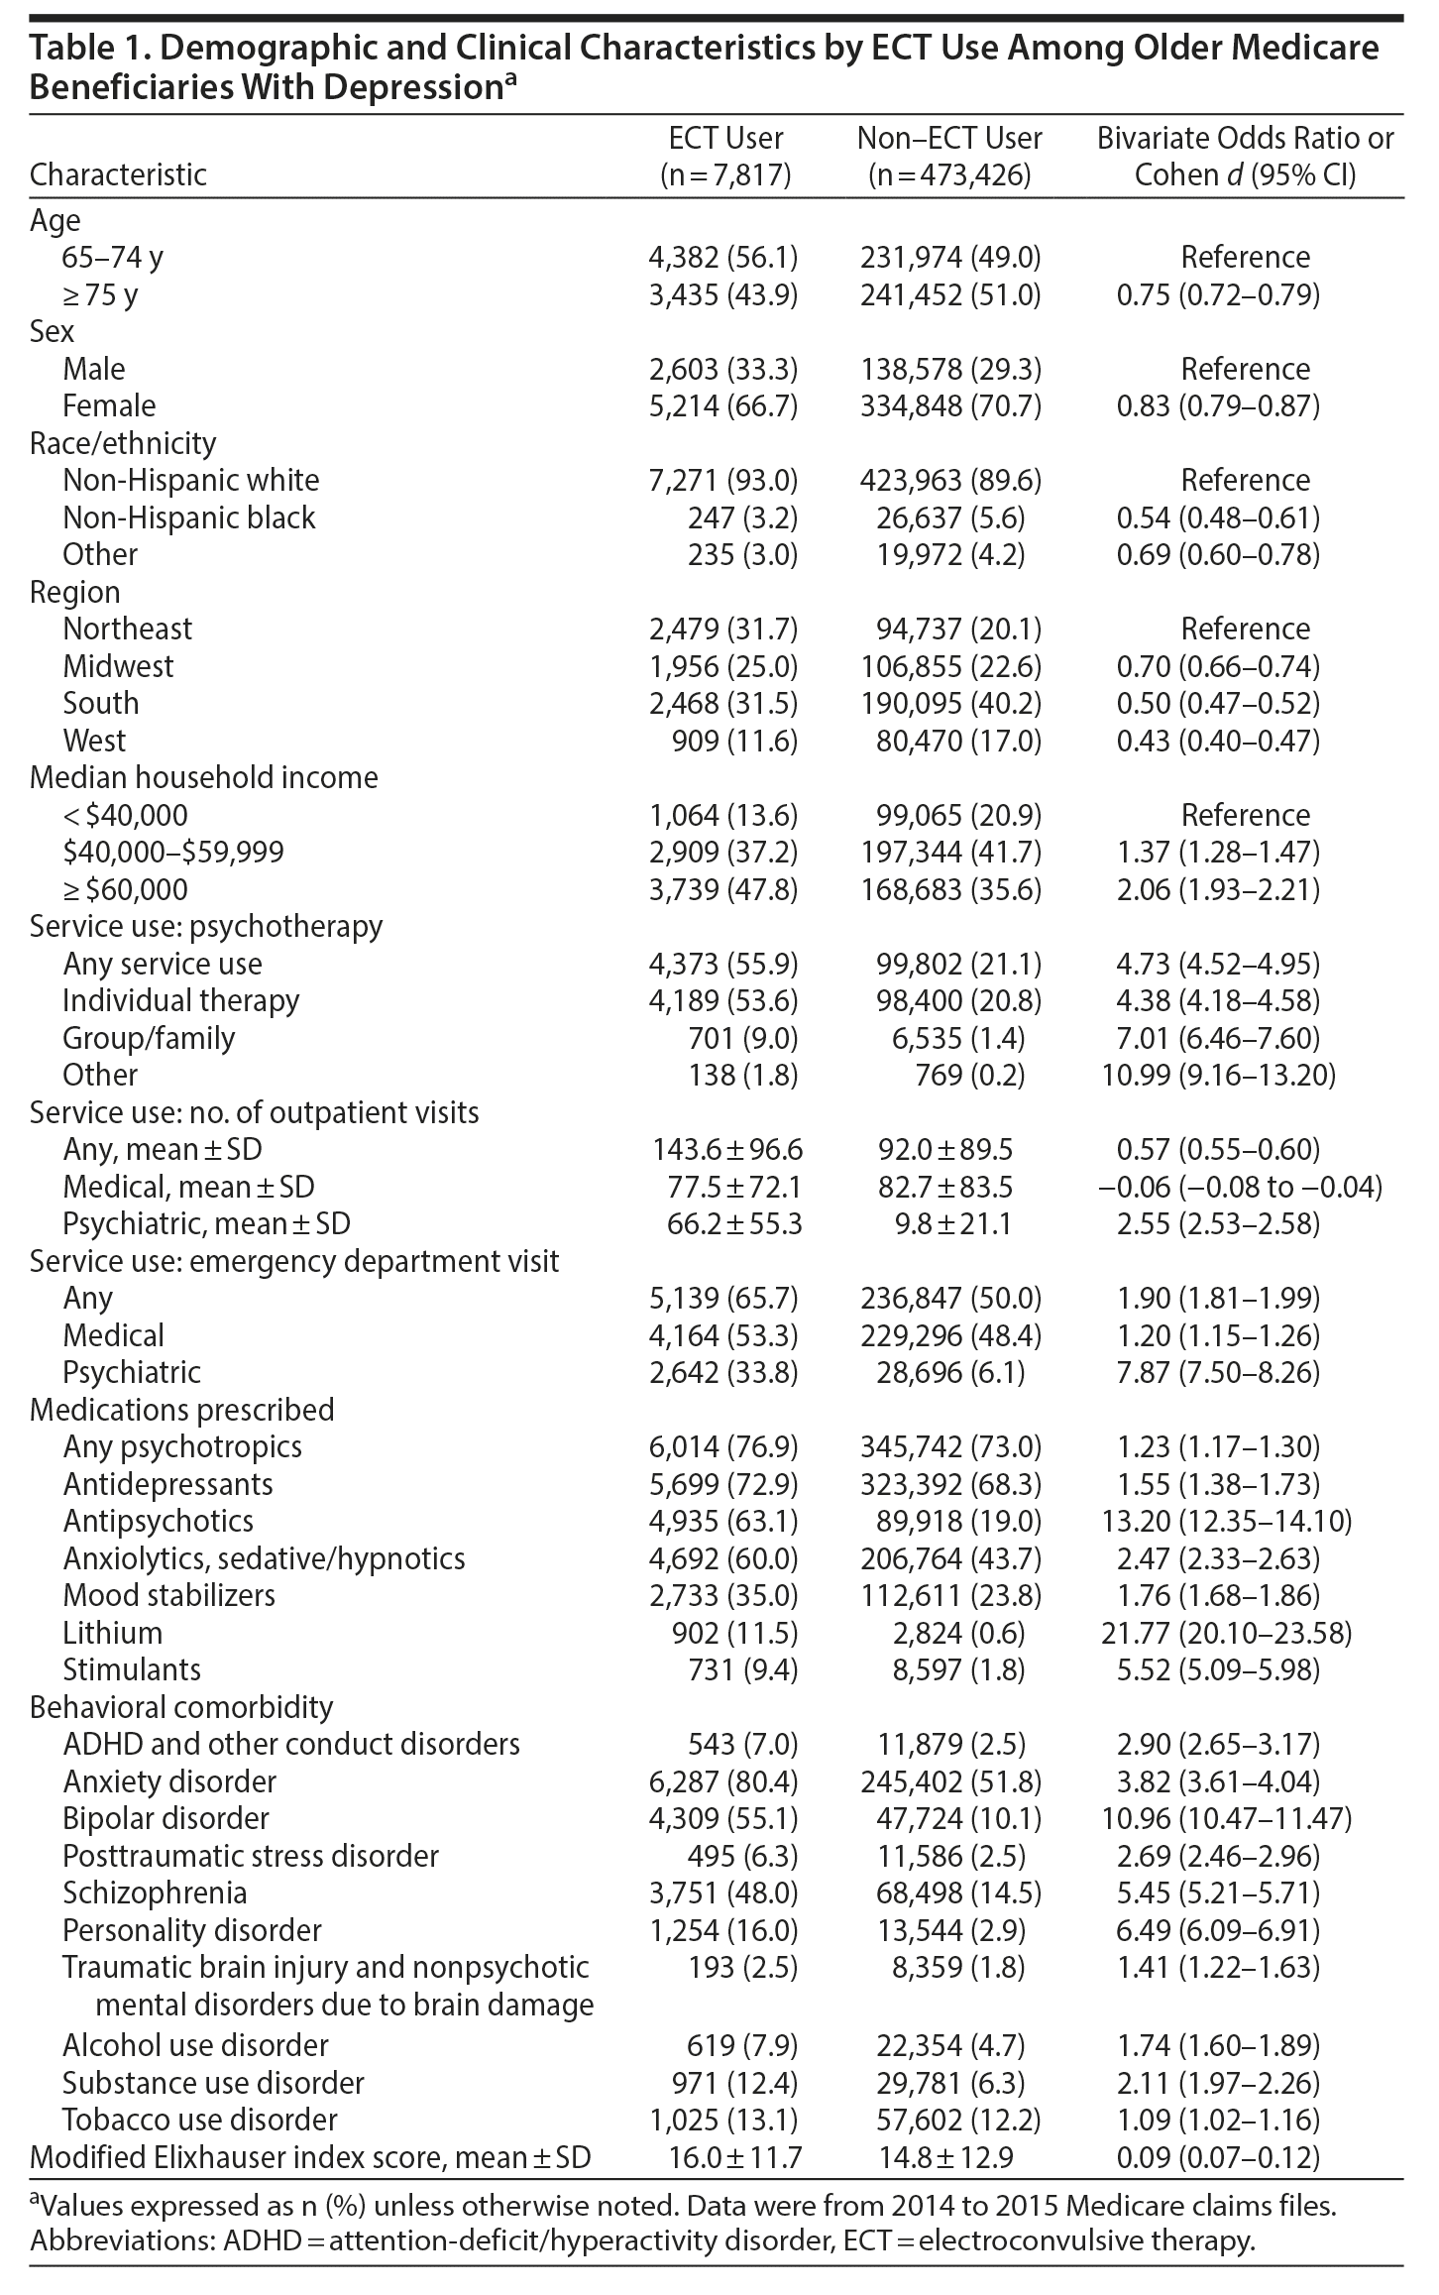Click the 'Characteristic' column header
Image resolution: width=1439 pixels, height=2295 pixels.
[118, 174]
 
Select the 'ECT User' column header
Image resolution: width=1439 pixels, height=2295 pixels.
[725, 139]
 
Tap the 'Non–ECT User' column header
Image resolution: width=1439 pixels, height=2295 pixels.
[949, 139]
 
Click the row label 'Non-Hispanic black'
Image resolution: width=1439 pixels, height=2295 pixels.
[188, 517]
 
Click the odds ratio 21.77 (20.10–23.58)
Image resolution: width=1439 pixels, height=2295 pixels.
[1226, 1633]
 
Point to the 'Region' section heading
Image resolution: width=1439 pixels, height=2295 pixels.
[74, 592]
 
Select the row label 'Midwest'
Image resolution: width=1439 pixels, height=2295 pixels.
[118, 666]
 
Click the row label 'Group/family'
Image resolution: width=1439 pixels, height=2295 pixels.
[149, 1038]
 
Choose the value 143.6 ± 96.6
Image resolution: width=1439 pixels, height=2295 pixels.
[727, 1149]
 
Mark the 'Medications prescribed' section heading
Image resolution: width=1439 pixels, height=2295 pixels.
[181, 1410]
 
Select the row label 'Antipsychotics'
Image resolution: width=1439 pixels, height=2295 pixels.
[158, 1521]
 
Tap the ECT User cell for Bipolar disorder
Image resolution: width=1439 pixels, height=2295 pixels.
[722, 1818]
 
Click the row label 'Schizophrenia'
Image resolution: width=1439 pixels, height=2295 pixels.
[155, 1893]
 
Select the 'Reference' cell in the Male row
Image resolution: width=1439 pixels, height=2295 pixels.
[1245, 369]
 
